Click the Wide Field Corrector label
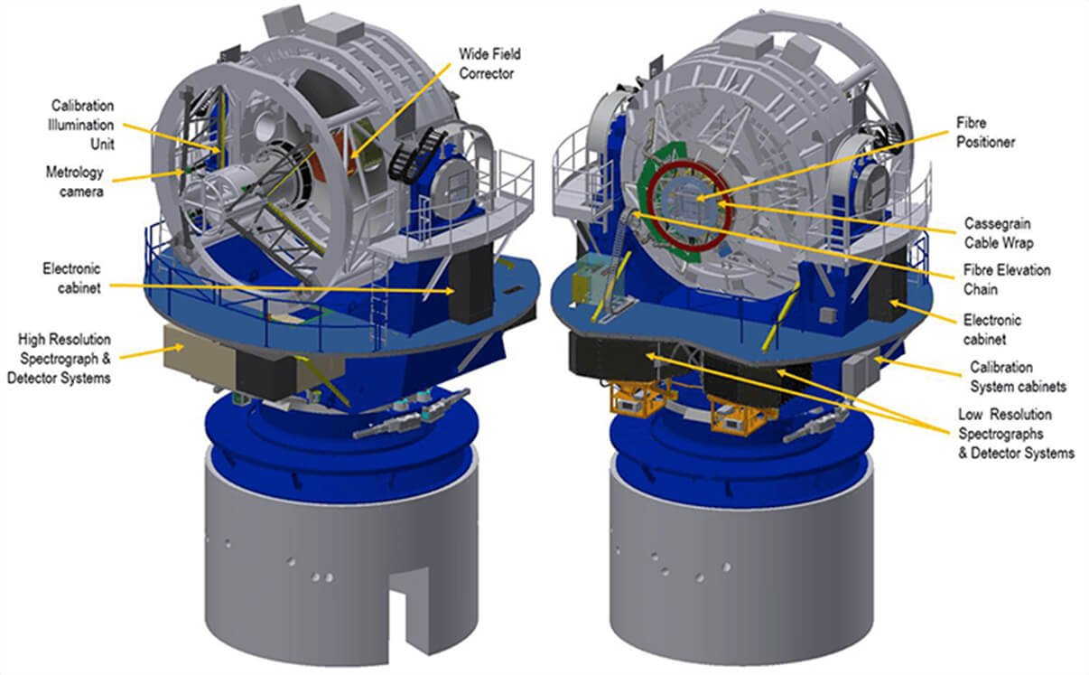(489, 64)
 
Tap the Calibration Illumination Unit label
(81, 125)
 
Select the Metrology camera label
(75, 182)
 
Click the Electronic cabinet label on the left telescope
(72, 278)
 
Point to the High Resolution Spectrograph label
(60, 358)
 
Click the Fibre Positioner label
(985, 132)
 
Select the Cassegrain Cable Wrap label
(999, 233)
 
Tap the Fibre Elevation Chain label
(1007, 279)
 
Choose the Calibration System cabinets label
(1018, 377)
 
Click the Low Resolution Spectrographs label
(1016, 434)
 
